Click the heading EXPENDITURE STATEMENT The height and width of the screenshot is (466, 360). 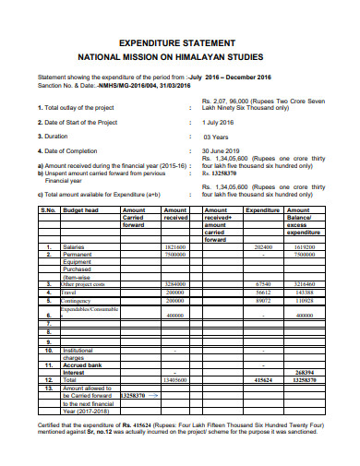click(181, 42)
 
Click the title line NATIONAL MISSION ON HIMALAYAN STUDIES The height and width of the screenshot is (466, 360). click(181, 56)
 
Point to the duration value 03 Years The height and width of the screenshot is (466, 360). click(216, 137)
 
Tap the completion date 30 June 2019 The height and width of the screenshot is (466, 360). click(221, 151)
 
